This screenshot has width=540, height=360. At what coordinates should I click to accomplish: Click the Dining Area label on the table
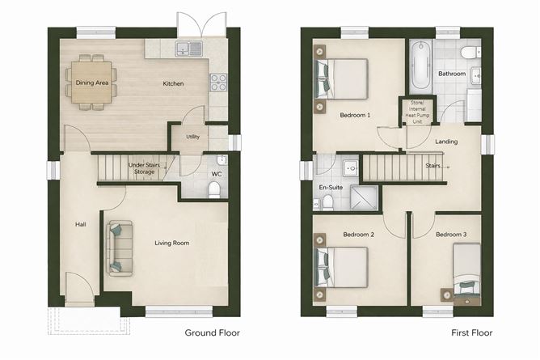tap(92, 83)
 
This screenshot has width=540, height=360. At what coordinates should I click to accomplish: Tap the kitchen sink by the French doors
tap(188, 49)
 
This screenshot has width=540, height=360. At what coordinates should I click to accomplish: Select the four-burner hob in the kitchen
tap(219, 83)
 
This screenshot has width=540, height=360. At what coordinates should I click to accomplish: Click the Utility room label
tap(193, 137)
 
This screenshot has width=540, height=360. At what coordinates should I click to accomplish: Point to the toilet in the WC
tap(214, 190)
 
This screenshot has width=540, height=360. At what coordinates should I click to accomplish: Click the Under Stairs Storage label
tap(144, 168)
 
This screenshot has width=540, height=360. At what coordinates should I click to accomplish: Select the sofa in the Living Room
tap(119, 248)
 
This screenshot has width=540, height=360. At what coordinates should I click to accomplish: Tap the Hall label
tap(81, 225)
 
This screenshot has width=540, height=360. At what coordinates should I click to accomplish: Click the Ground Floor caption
tap(212, 332)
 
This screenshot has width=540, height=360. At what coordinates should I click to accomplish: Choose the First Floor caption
tap(472, 332)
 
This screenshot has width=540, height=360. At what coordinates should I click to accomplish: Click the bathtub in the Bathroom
tap(421, 66)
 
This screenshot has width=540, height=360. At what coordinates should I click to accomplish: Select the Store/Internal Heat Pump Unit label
tap(417, 112)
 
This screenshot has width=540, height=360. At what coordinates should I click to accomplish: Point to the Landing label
tap(446, 142)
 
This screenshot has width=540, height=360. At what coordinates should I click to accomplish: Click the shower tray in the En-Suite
tap(364, 197)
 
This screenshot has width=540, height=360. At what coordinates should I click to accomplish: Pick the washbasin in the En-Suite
tap(351, 168)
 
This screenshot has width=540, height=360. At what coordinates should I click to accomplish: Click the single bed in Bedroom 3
tap(466, 271)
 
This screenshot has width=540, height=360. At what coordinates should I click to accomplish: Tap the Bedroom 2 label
tap(358, 235)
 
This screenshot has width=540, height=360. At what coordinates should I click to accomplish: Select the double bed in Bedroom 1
tap(341, 79)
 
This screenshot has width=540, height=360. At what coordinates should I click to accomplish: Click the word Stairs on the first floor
tap(433, 166)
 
